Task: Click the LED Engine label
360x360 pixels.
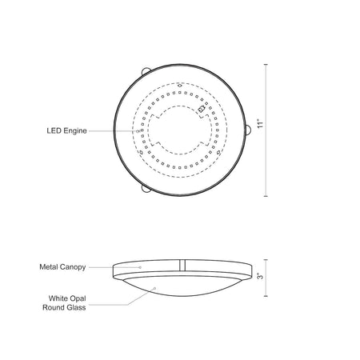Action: tap(66, 131)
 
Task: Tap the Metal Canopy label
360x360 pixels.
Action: tap(62, 267)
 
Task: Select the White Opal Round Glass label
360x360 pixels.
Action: tap(64, 303)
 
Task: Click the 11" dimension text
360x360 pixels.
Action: tap(261, 123)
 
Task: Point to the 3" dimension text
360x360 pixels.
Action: tap(261, 276)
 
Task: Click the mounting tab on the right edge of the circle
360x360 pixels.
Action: tap(248, 130)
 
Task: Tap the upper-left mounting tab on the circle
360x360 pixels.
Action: tap(146, 71)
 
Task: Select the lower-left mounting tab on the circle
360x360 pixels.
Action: tap(146, 188)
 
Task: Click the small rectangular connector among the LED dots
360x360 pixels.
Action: tap(202, 109)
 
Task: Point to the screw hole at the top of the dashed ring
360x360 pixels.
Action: tap(180, 86)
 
